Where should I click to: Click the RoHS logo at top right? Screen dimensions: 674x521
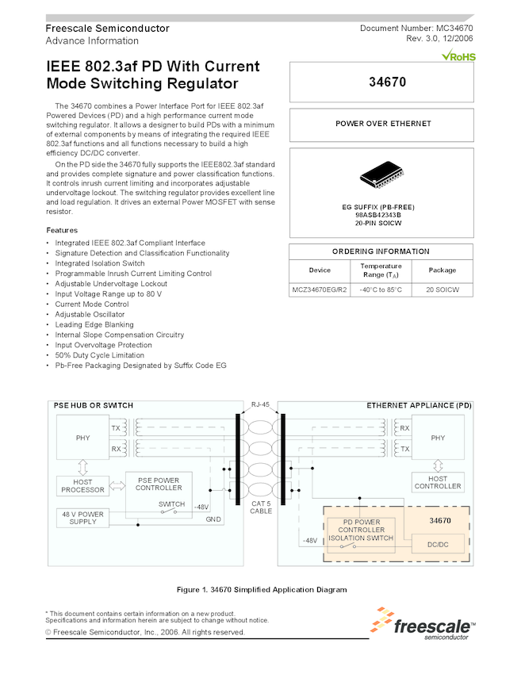click(458, 56)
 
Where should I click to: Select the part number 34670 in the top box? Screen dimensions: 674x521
click(382, 82)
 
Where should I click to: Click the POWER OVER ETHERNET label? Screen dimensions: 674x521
click(383, 124)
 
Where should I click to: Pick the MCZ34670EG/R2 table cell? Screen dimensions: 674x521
click(320, 290)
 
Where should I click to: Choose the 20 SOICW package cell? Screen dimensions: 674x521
click(442, 290)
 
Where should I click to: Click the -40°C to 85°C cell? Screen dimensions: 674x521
click(381, 290)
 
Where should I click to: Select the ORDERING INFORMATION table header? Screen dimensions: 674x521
click(381, 251)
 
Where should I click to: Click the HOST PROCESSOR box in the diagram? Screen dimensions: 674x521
click(82, 485)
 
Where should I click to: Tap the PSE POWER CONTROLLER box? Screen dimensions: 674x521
click(159, 484)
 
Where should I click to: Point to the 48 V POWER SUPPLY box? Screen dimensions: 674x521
click(82, 518)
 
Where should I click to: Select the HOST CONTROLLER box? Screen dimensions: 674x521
click(438, 482)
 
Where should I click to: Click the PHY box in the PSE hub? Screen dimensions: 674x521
click(82, 438)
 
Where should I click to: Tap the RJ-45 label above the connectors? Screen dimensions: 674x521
click(260, 404)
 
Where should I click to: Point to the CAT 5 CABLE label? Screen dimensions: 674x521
click(261, 507)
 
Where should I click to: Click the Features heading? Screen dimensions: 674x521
click(62, 230)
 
